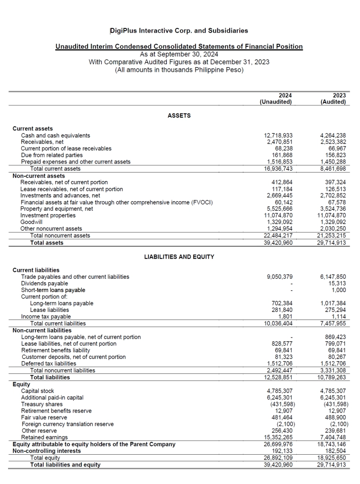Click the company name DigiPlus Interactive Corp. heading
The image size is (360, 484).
[x=179, y=31]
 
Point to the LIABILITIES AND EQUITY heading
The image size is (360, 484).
[x=179, y=257]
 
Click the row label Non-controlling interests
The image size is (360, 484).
[x=46, y=451]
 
